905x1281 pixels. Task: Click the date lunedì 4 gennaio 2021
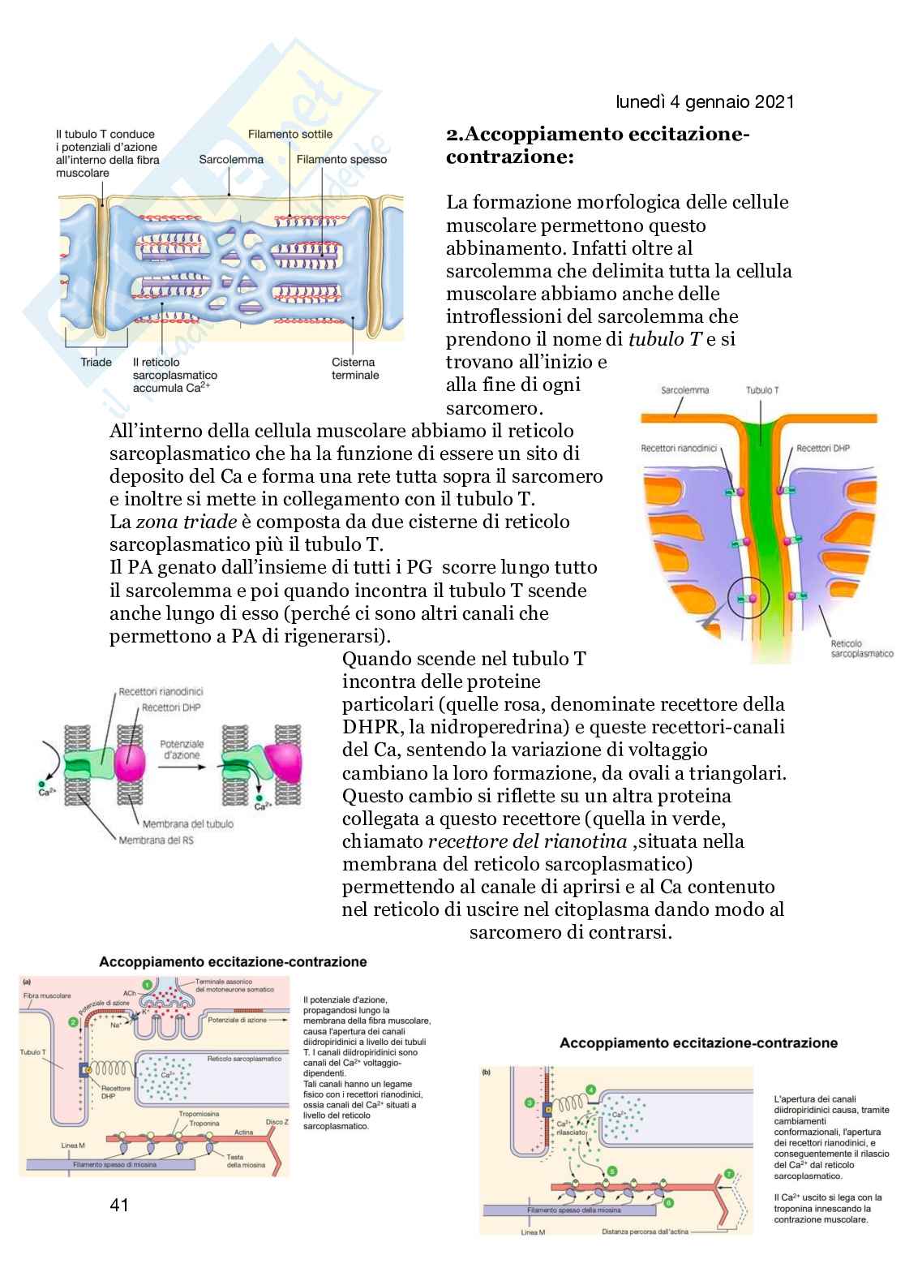pos(705,101)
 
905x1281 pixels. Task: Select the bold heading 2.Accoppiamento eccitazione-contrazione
pos(598,145)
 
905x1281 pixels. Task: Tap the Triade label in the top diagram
pos(96,362)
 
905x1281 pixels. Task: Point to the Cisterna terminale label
pos(354,368)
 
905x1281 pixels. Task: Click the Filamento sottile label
pos(290,134)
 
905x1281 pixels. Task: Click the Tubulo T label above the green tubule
pos(761,390)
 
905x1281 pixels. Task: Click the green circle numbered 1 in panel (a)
pos(147,985)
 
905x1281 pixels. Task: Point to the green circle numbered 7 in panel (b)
pos(729,1173)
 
